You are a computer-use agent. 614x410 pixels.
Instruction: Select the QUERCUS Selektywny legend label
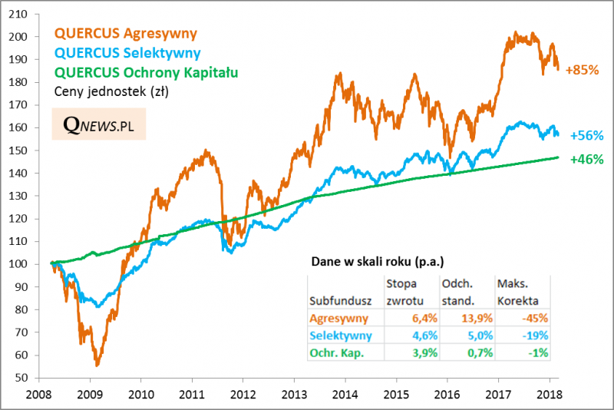(128, 53)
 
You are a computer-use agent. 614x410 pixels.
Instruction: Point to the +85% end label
(581, 70)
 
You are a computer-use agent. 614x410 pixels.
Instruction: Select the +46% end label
(587, 160)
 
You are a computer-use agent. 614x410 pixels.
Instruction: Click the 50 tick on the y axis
(28, 378)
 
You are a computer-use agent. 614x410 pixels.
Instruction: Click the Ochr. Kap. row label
(336, 352)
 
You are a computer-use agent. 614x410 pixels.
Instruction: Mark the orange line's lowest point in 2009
(97, 365)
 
